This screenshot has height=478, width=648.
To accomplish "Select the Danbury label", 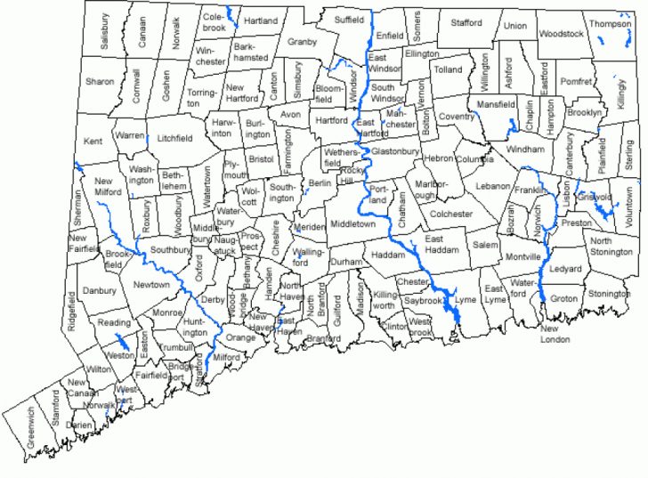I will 100,291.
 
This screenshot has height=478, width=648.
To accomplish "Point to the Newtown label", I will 151,284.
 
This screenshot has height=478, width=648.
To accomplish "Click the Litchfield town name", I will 174,138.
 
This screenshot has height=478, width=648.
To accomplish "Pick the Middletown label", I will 353,224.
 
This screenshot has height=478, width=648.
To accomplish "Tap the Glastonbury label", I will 395,152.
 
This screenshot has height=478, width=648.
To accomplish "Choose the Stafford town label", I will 466,22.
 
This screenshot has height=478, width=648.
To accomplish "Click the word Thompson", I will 610,24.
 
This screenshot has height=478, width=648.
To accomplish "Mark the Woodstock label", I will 561,34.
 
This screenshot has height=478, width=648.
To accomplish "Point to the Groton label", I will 564,298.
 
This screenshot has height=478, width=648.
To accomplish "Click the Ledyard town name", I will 566,269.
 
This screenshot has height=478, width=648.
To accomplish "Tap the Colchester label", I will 451,214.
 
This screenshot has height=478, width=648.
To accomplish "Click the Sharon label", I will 100,82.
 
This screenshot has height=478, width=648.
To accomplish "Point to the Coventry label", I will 457,117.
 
